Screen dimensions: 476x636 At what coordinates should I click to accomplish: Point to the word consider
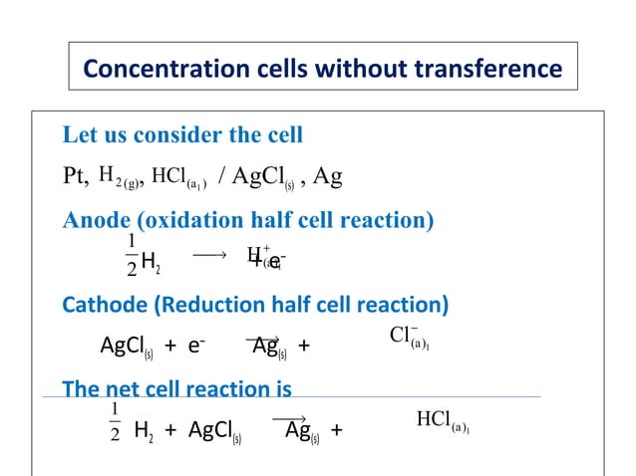[x=189, y=134]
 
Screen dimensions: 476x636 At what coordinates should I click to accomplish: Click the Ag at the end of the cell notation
[x=327, y=177]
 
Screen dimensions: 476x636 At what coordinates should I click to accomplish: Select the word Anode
[x=95, y=220]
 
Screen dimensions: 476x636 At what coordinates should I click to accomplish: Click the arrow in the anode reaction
[x=210, y=255]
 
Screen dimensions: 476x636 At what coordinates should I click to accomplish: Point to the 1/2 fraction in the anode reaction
[x=132, y=255]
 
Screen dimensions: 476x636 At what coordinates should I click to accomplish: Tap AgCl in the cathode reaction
[x=124, y=347]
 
